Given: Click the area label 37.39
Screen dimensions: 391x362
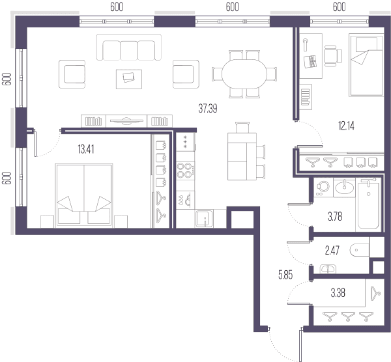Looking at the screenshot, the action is tap(208, 108).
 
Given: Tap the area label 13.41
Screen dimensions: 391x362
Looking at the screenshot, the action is tap(86, 149).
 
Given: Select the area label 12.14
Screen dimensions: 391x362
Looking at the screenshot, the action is tap(346, 126).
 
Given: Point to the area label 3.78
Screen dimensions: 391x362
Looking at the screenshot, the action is tap(335, 217).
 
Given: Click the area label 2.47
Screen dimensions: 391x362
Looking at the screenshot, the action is tap(332, 250).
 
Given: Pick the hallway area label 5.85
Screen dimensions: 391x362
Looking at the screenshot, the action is tap(285, 275).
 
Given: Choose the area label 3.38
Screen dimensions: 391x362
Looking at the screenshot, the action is tap(338, 293).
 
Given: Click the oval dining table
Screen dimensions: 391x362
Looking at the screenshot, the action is tap(244, 74).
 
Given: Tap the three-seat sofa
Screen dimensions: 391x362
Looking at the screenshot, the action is tap(129, 48).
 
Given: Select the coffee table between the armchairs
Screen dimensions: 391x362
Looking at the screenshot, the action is tap(129, 79).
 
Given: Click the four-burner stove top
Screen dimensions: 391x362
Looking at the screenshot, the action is tap(185, 171).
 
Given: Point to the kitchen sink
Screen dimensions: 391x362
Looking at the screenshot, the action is tap(204, 219).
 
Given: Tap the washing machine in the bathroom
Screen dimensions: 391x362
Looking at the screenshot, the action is tap(323, 188).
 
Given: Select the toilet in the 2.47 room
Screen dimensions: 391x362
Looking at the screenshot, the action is tap(359, 250).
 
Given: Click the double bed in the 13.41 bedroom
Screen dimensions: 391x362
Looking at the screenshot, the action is tap(84, 195).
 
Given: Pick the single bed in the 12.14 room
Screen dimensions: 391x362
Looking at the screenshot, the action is tap(366, 65).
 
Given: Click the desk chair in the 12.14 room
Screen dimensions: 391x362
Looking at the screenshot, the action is tap(333, 56).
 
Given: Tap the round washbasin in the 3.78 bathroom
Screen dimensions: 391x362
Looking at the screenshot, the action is tap(344, 188).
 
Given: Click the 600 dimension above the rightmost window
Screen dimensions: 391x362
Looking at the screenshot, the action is tap(339, 7).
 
